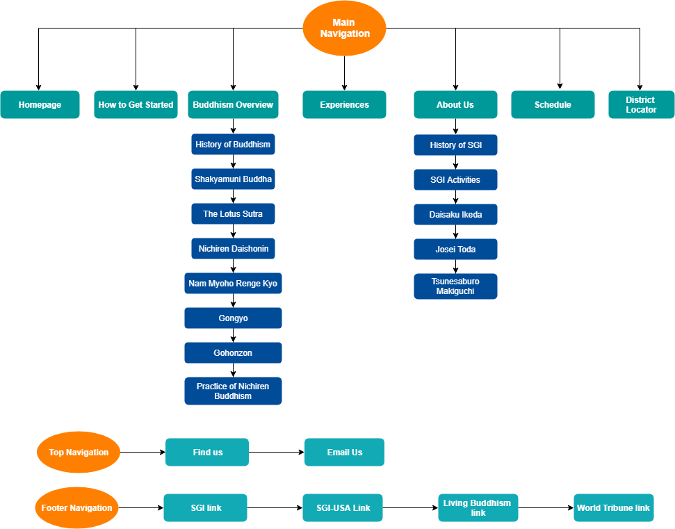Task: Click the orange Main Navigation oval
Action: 344,29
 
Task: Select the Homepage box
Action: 40,105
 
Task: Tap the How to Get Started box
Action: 136,105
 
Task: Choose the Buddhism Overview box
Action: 233,105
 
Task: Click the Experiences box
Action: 344,105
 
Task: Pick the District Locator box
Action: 640,105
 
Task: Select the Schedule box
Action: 553,105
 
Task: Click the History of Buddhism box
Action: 233,145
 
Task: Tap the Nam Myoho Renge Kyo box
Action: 233,284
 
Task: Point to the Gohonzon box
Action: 233,353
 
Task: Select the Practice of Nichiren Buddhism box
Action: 233,391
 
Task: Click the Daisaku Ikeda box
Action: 455,215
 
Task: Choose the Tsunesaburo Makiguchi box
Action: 455,286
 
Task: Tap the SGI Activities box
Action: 455,180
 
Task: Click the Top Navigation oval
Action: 79,453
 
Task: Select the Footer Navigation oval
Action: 76,508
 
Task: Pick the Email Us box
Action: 344,453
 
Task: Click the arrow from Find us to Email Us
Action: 276,453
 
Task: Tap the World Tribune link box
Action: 613,508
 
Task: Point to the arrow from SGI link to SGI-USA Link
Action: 275,508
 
